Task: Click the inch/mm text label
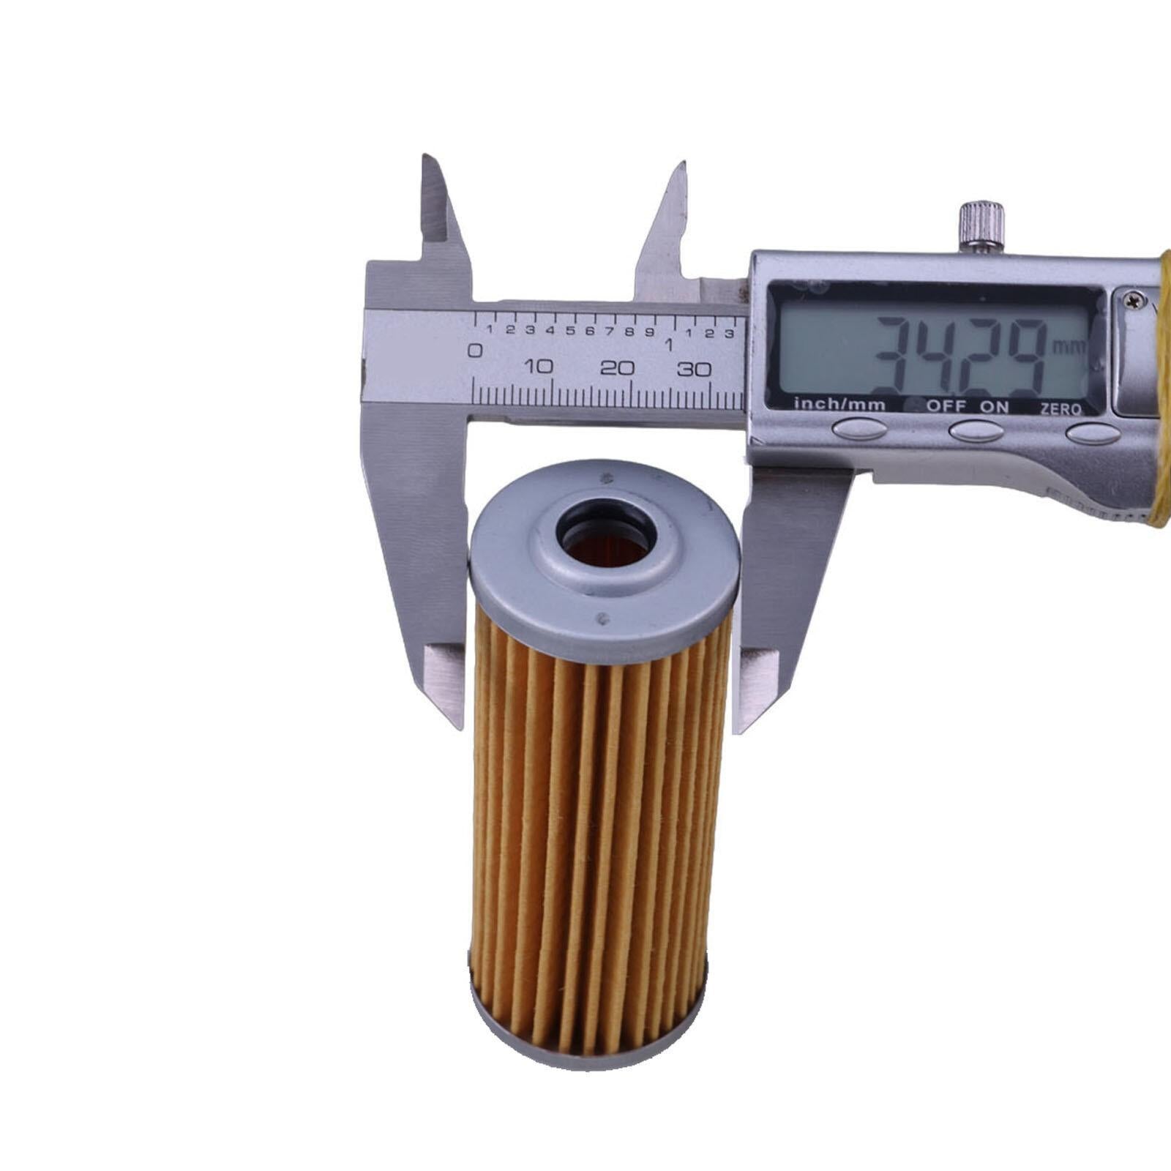pos(839,404)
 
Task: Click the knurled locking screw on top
pos(981,225)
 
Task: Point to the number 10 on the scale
pos(539,367)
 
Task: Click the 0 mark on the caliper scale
pos(475,351)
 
